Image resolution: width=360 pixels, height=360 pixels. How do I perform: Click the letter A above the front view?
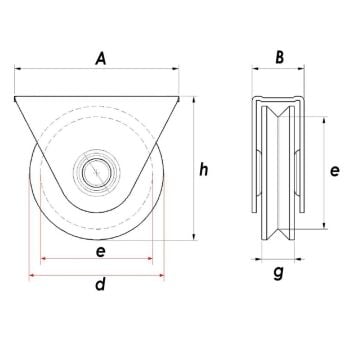pyautogui.click(x=99, y=60)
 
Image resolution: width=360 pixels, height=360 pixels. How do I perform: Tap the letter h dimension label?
pyautogui.click(x=203, y=170)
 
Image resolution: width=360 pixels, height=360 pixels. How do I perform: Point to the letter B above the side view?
pyautogui.click(x=280, y=59)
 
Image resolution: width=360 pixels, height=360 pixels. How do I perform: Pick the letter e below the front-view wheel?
pyautogui.click(x=99, y=253)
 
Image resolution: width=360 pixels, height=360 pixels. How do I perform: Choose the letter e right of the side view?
pyautogui.click(x=337, y=170)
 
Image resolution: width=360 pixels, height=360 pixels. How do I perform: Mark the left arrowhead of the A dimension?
pyautogui.click(x=17, y=70)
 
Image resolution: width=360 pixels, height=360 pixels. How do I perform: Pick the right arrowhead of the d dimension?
pyautogui.click(x=163, y=274)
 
